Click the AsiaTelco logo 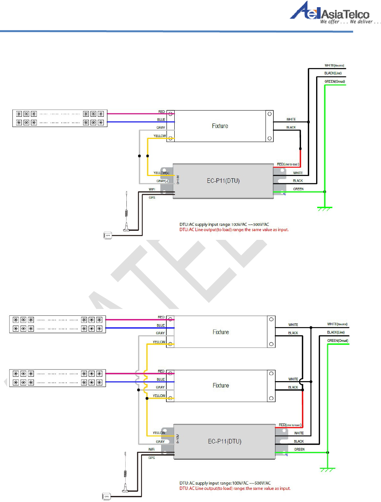329,11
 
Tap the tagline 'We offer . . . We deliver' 350,22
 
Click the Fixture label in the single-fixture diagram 220,126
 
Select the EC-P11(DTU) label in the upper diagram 223,181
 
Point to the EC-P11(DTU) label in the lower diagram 224,441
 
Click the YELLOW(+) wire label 161,173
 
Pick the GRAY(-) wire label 162,181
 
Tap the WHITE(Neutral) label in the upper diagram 334,65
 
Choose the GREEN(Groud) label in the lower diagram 338,341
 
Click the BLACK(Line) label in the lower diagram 336,332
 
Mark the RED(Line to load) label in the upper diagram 288,164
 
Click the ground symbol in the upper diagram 324,208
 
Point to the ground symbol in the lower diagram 327,470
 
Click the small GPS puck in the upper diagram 108,235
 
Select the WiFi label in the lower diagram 151,449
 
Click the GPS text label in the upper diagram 152,198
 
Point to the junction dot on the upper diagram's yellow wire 147,156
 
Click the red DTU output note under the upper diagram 234,230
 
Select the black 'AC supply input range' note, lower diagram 225,483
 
